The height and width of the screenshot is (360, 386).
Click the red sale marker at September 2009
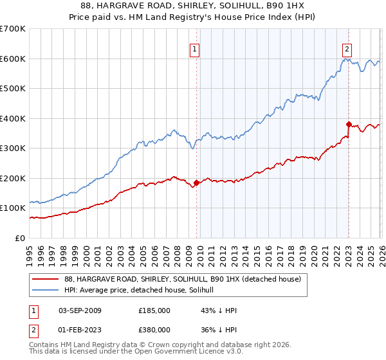coord(196,183)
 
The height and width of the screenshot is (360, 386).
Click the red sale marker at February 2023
coord(349,124)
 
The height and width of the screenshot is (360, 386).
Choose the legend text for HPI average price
coord(143,291)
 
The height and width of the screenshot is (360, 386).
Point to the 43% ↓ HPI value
coord(219,310)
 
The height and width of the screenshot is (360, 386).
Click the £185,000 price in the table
coord(154,310)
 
